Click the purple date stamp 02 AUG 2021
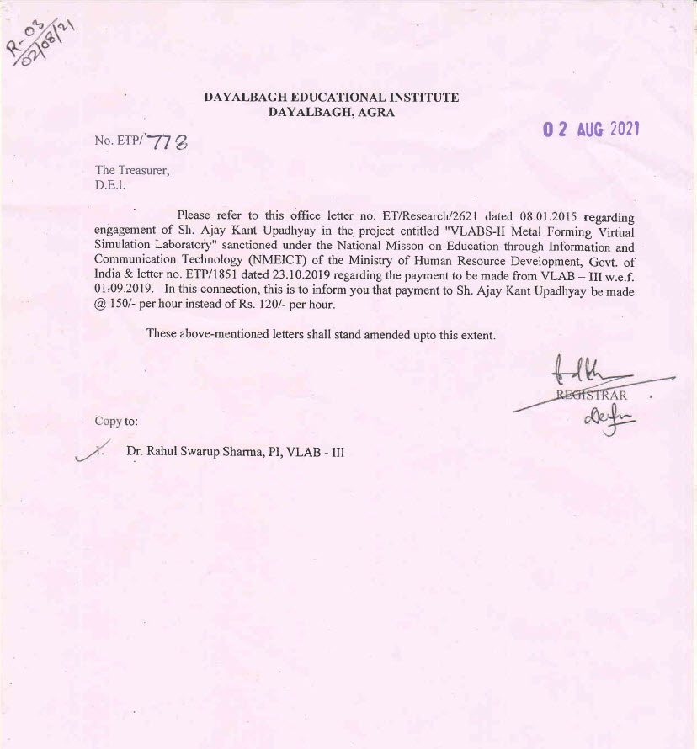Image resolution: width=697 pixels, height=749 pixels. click(591, 130)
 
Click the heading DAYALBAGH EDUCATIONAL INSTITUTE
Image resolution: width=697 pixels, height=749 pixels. click(332, 98)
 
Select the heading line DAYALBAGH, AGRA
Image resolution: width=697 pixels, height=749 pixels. click(331, 112)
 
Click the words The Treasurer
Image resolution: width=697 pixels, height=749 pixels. click(132, 170)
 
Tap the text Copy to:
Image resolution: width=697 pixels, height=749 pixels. click(116, 421)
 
